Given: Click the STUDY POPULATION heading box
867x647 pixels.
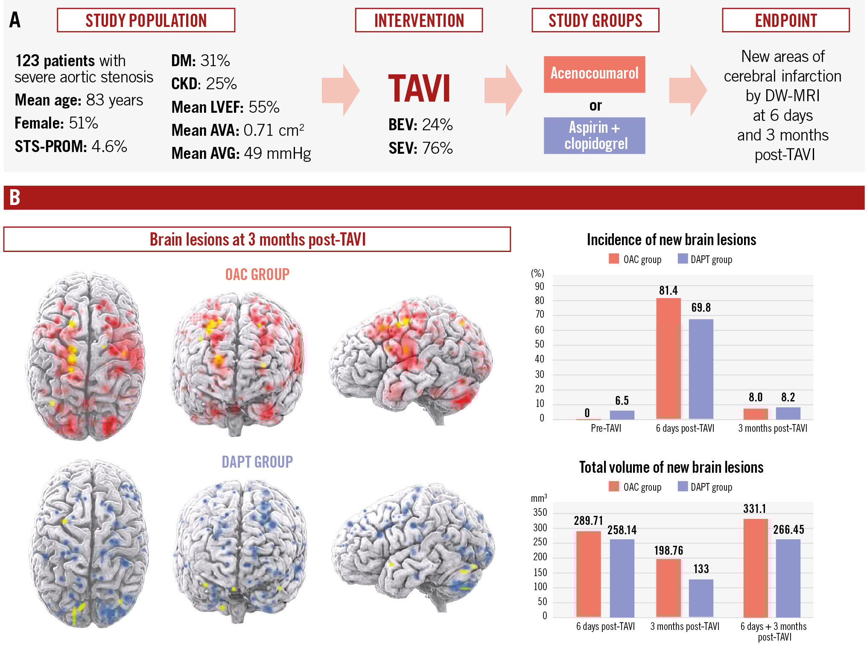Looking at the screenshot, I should tap(146, 20).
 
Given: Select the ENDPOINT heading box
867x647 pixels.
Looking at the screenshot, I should tap(785, 20).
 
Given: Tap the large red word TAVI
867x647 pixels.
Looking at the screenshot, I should tap(419, 89).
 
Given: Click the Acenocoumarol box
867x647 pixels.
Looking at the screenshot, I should tap(594, 74).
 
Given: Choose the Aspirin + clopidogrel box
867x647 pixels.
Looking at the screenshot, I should tap(594, 135).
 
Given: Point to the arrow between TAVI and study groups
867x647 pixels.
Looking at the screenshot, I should tap(502, 90).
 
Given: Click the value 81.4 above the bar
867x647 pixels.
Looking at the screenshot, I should tap(668, 291).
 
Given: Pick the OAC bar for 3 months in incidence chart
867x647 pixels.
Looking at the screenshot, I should tap(756, 413).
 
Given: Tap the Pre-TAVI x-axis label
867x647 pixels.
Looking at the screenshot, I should tap(606, 428).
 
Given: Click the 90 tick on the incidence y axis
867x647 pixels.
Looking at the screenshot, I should tap(540, 286).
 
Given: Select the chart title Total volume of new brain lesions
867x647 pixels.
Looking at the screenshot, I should tap(671, 467).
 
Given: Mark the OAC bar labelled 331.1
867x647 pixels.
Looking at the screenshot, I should tap(756, 568).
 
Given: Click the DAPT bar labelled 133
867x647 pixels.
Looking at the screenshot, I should tap(701, 598).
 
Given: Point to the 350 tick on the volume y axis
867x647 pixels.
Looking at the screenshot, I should tap(540, 512).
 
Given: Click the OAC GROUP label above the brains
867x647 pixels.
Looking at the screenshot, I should tap(257, 274).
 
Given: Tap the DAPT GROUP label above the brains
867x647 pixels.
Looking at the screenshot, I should tap(257, 462).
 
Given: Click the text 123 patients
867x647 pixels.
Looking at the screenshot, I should tap(55, 61).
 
